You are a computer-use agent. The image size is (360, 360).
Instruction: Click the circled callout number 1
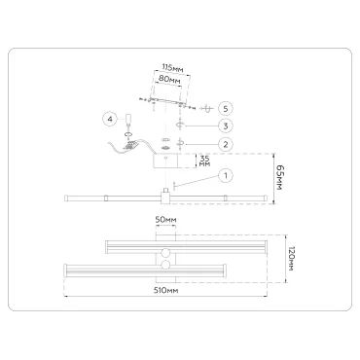226,176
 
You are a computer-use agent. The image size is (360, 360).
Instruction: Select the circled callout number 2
226,144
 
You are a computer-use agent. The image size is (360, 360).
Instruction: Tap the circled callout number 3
226,126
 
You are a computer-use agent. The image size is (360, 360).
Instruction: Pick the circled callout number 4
110,120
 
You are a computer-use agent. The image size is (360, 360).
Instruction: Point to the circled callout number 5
226,108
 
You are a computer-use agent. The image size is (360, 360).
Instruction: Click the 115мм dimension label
173,68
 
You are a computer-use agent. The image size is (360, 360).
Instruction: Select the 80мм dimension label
169,79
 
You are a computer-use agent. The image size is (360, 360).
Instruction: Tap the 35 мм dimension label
204,161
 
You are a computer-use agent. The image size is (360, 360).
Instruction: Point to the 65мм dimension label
279,177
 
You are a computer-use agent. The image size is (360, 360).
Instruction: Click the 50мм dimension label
165,220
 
